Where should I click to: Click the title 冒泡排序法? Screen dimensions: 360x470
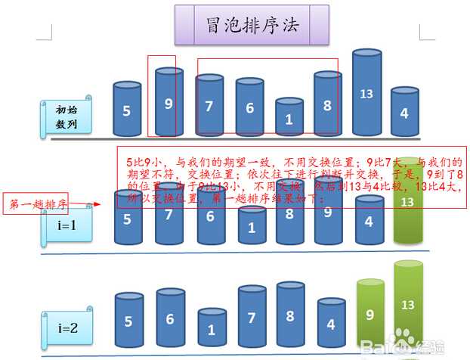[252, 25]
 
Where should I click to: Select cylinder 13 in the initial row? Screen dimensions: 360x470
[367, 94]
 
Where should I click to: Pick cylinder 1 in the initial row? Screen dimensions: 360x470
[289, 117]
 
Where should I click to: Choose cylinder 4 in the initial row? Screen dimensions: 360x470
[404, 113]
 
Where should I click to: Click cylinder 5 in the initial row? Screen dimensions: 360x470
[127, 110]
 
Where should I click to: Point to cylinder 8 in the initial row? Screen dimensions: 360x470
[328, 105]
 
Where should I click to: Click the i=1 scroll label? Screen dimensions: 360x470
[66, 225]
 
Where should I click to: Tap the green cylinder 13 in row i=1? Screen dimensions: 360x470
[408, 202]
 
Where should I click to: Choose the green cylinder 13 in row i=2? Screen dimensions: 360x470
[408, 306]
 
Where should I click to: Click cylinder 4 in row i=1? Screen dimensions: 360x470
[369, 222]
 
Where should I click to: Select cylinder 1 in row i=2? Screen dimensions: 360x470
[212, 330]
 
